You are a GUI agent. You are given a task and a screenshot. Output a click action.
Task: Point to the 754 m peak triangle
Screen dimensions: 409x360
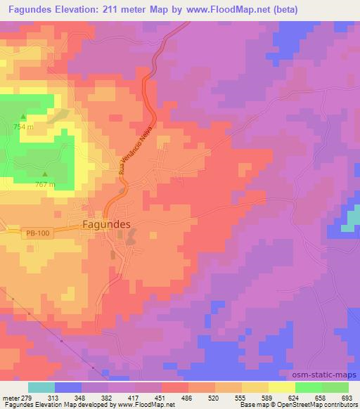click(x=23, y=117)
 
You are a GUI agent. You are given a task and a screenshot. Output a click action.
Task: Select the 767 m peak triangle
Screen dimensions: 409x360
click(x=46, y=174)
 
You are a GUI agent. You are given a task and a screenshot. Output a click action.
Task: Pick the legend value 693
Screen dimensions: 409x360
click(x=347, y=398)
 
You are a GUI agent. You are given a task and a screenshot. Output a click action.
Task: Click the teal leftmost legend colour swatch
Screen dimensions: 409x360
click(x=41, y=387)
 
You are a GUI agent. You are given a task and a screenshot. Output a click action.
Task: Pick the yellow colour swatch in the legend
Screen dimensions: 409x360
click(x=282, y=387)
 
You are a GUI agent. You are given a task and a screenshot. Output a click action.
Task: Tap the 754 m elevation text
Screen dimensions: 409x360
click(x=23, y=126)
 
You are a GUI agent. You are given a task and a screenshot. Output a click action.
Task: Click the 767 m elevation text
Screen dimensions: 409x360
click(x=46, y=184)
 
